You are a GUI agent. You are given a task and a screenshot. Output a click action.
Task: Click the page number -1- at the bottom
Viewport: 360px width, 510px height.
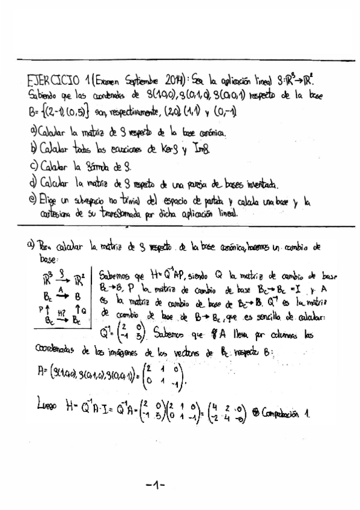pos(155,484)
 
